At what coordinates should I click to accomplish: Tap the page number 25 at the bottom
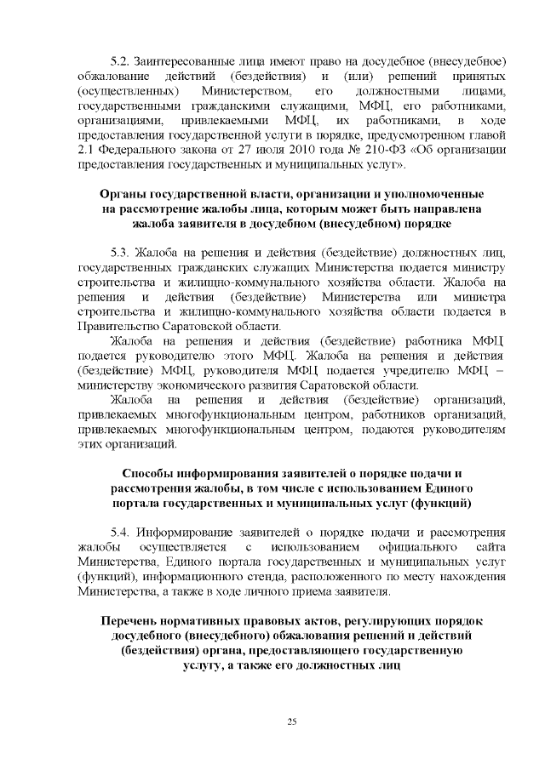pos(291,722)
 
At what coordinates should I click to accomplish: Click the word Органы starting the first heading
pos(123,193)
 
